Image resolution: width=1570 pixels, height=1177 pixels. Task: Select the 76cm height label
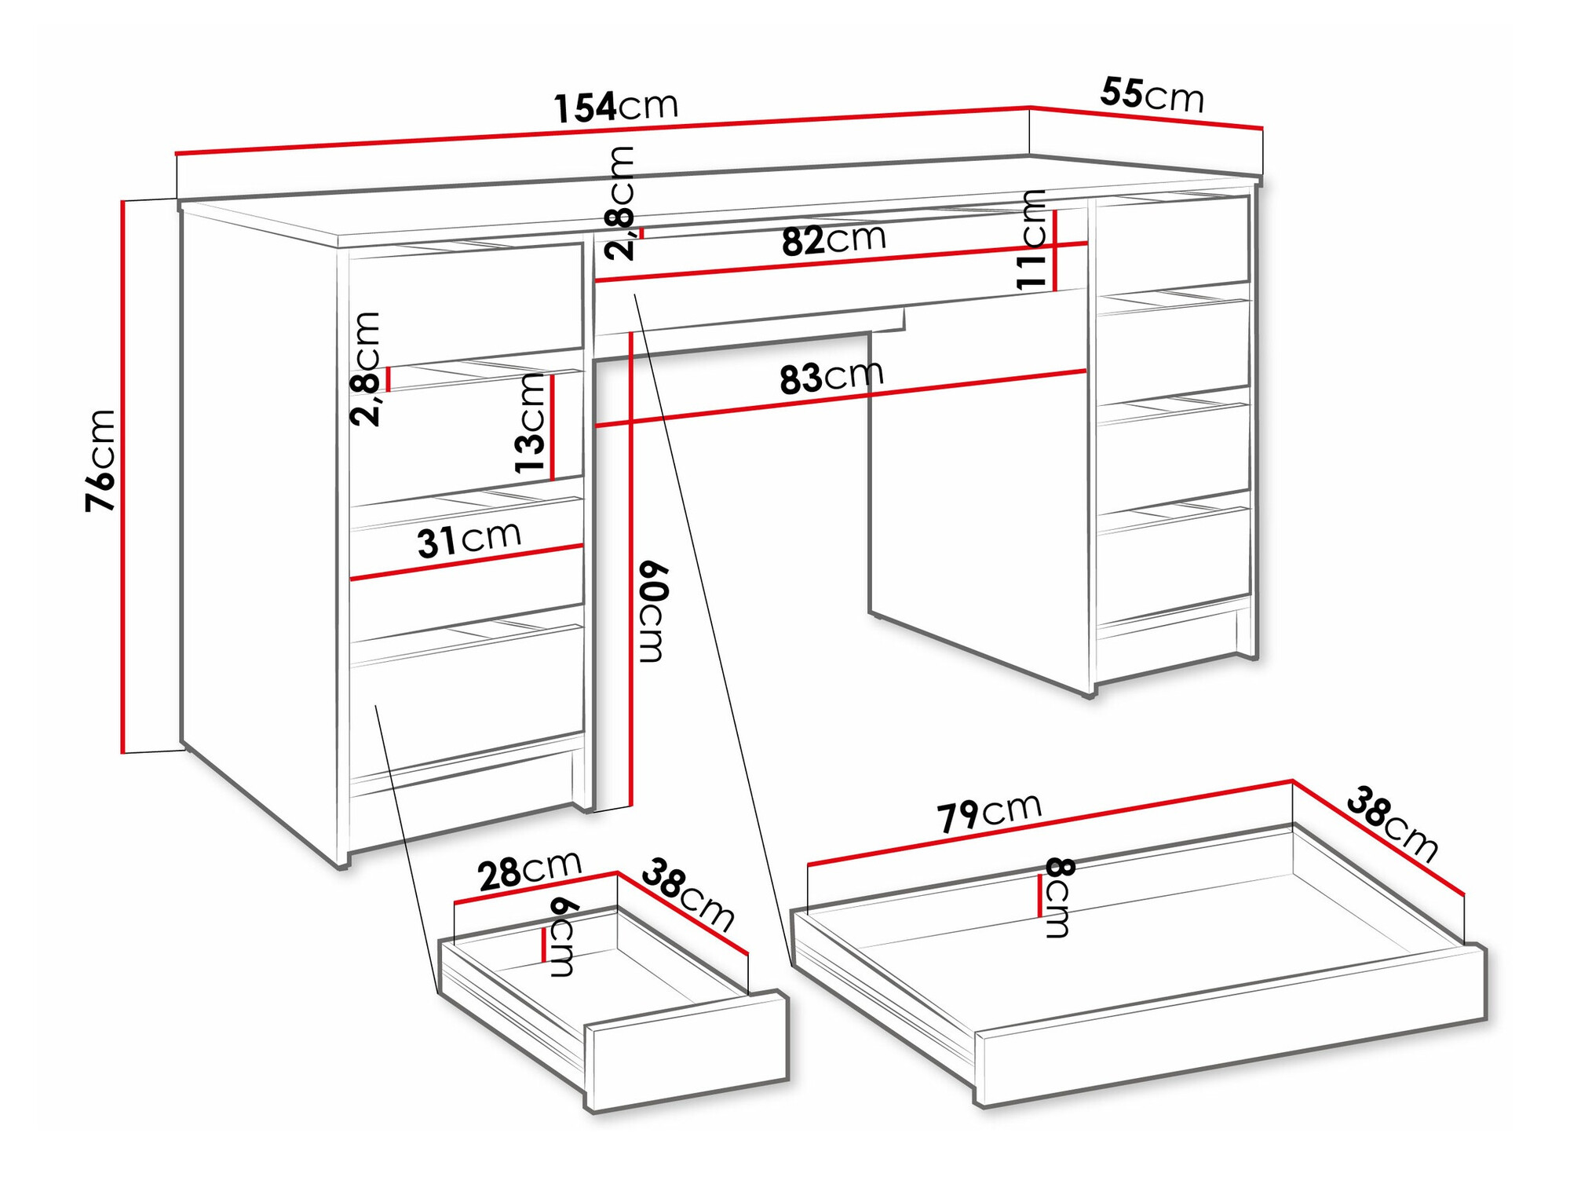(x=101, y=461)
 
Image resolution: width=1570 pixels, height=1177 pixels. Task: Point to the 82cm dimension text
(x=833, y=239)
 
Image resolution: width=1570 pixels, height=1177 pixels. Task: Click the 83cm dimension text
(x=831, y=377)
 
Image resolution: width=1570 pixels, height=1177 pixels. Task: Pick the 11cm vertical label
(x=1031, y=239)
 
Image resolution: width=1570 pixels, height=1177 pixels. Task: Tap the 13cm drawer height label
(x=530, y=423)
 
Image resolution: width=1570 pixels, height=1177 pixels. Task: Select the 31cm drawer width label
(x=469, y=539)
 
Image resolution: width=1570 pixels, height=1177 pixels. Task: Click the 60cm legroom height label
(x=652, y=612)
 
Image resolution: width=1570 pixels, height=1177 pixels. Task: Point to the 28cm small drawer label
(x=529, y=870)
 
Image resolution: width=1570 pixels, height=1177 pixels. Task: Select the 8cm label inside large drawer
(x=1058, y=897)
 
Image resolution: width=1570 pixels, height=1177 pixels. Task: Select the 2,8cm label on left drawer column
(x=366, y=369)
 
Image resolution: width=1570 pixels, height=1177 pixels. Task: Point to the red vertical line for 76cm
(x=123, y=477)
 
